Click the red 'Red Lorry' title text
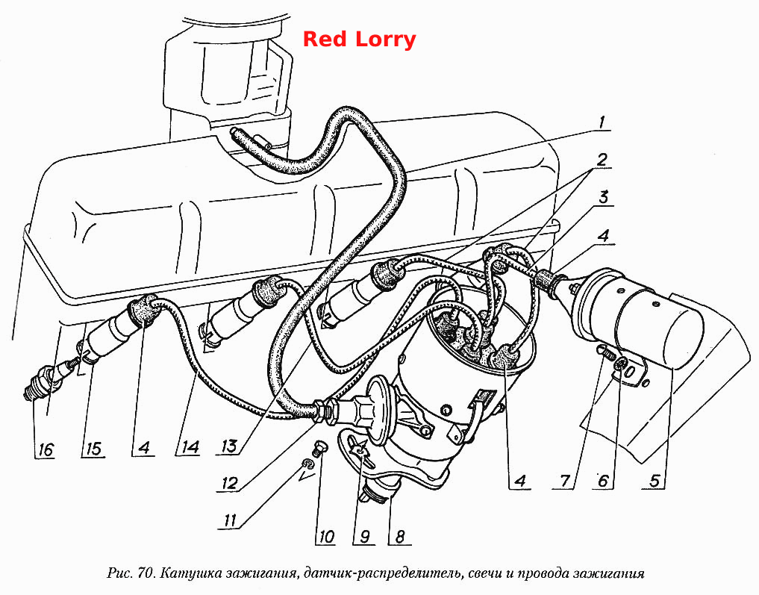pyautogui.click(x=359, y=40)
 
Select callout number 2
pyautogui.click(x=602, y=160)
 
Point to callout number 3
pyautogui.click(x=604, y=198)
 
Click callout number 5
pyautogui.click(x=655, y=481)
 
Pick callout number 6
pyautogui.click(x=603, y=481)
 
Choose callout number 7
pyautogui.click(x=566, y=481)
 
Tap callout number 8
pyautogui.click(x=400, y=537)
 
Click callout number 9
pyautogui.click(x=364, y=537)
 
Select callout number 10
pyautogui.click(x=327, y=537)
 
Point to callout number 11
pyautogui.click(x=230, y=520)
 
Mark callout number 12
pyautogui.click(x=230, y=483)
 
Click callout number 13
pyautogui.click(x=229, y=446)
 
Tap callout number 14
pyautogui.click(x=190, y=447)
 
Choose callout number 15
pyautogui.click(x=93, y=449)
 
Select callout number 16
pyautogui.click(x=45, y=449)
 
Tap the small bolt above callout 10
pyautogui.click(x=319, y=447)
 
